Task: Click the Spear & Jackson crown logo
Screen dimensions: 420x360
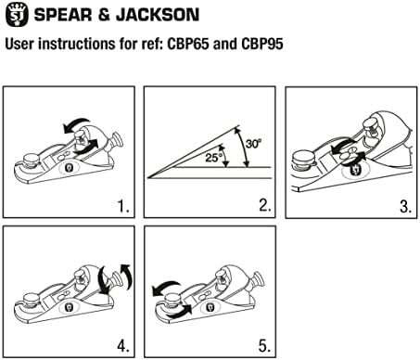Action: point(17,15)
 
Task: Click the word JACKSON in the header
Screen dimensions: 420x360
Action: point(158,15)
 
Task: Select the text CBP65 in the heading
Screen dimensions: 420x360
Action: point(188,44)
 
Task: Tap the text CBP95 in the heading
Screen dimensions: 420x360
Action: point(262,44)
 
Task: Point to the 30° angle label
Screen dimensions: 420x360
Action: point(253,144)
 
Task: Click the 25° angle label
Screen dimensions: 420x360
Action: point(213,158)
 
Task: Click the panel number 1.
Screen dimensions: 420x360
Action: point(123,206)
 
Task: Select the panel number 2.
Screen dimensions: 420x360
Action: point(265,205)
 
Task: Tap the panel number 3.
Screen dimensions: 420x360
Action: point(406,206)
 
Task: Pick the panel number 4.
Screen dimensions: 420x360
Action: point(123,345)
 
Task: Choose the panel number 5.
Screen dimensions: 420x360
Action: point(264,345)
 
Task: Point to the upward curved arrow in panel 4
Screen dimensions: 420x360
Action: point(127,276)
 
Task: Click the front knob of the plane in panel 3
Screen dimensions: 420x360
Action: point(304,160)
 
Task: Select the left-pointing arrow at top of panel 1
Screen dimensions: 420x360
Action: point(76,124)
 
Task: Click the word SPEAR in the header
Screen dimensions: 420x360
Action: point(63,15)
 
